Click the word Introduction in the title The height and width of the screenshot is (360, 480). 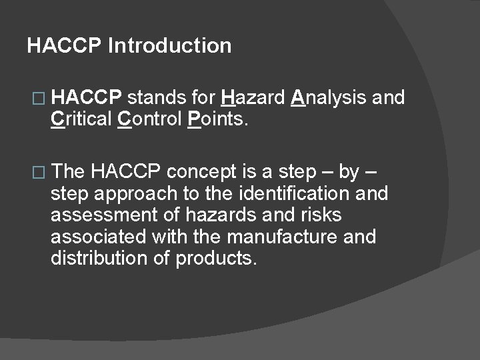(x=169, y=46)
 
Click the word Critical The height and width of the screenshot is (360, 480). (x=81, y=120)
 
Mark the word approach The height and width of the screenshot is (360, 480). (x=131, y=194)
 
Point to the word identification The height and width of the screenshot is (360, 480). (x=286, y=194)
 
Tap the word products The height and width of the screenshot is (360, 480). (x=215, y=259)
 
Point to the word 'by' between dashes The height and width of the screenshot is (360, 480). (x=349, y=173)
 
